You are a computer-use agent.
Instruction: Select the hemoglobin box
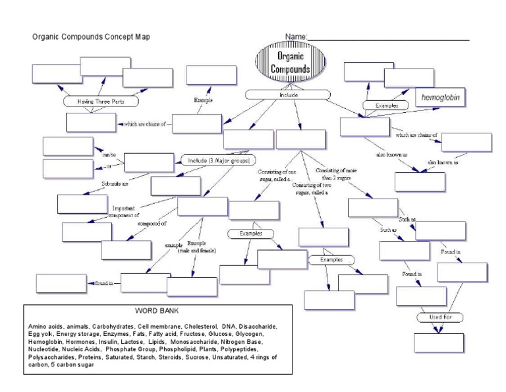point(441,98)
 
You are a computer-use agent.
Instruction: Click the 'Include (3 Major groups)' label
point(218,160)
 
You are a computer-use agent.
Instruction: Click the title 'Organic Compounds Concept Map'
point(91,37)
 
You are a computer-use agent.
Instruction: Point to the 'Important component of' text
point(125,211)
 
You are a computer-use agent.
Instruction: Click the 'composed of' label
point(152,224)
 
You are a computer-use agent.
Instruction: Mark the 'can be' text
point(109,155)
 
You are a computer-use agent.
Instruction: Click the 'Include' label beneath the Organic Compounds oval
point(289,95)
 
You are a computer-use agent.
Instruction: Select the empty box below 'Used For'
point(439,343)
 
